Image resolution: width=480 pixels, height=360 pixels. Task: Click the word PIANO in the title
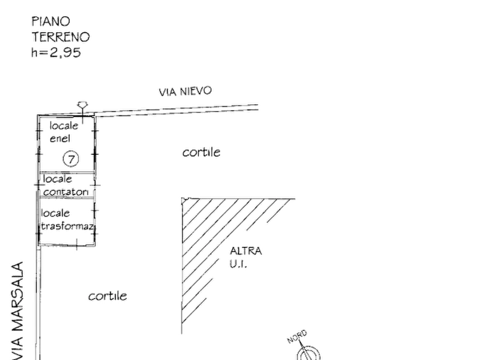[x=52, y=21]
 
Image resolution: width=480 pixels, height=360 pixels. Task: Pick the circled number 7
[x=70, y=159]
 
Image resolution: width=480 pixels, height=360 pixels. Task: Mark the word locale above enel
[x=64, y=126]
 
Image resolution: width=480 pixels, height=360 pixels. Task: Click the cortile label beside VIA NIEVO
[x=201, y=153]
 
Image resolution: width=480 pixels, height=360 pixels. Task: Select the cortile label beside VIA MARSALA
[x=108, y=296]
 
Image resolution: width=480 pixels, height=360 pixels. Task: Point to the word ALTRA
[x=247, y=251]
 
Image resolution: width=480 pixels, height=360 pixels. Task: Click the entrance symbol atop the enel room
[x=81, y=108]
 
